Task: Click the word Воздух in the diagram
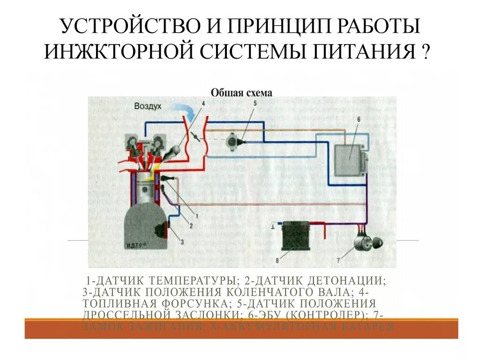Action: [148, 106]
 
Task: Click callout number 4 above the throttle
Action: [203, 103]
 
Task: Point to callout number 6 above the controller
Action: [358, 120]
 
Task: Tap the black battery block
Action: [294, 237]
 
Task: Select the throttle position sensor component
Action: [232, 140]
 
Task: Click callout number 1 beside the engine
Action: [197, 216]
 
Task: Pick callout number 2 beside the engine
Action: [191, 225]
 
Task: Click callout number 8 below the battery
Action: [277, 260]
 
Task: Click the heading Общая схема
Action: [241, 93]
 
